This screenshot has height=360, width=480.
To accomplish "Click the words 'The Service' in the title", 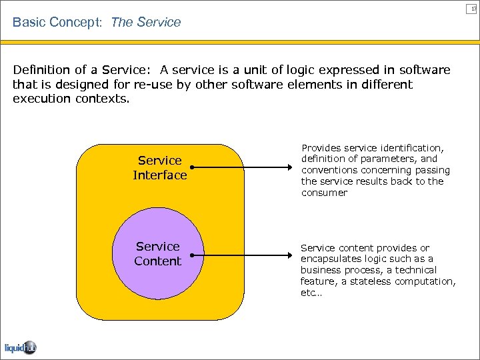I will [146, 22].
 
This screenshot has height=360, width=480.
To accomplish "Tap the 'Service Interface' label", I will [160, 168].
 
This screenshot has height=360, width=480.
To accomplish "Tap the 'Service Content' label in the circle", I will [158, 254].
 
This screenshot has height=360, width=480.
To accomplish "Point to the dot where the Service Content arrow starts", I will [191, 255].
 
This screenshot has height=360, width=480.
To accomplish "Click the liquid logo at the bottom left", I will [21, 347].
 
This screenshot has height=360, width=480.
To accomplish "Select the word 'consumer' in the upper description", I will [324, 193].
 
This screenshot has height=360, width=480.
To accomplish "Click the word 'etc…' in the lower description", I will [311, 293].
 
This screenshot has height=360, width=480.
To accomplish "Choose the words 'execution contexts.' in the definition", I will [70, 99].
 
